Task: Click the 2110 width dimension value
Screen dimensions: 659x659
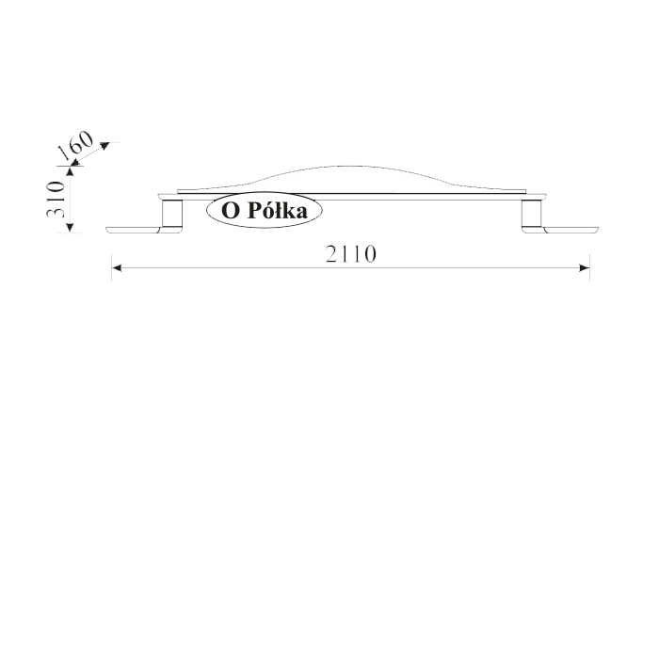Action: coord(351,254)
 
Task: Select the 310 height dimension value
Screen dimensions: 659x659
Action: coord(56,200)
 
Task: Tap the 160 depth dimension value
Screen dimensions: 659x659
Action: coord(75,145)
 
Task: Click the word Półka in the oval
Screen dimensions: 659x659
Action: coord(278,211)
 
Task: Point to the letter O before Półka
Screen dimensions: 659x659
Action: coord(230,211)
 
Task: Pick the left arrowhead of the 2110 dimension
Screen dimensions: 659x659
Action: coord(117,267)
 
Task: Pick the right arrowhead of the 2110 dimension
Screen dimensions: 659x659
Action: coord(585,267)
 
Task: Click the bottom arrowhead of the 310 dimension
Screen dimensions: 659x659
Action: coord(71,228)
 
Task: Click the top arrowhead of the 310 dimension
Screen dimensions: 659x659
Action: coord(71,170)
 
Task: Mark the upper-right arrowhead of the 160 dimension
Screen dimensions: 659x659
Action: coord(104,145)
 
